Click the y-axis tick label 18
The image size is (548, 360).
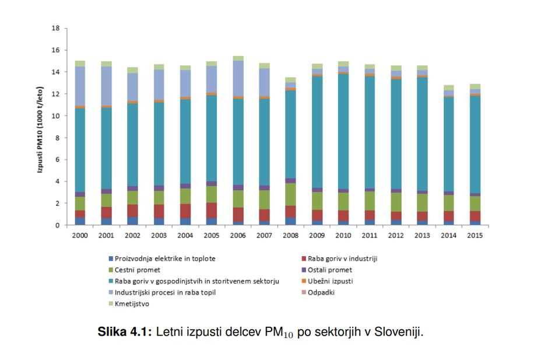56,28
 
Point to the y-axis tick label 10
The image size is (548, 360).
56,116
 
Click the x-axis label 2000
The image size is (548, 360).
80,235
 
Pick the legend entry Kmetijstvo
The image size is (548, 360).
132,303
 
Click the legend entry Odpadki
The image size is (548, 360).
321,292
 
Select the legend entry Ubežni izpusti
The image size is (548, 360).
330,281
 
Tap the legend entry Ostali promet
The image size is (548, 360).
330,270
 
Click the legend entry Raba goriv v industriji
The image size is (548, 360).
342,258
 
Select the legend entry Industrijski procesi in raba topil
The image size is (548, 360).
165,292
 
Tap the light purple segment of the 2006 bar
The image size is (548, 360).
237,79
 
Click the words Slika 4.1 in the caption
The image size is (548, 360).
124,333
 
